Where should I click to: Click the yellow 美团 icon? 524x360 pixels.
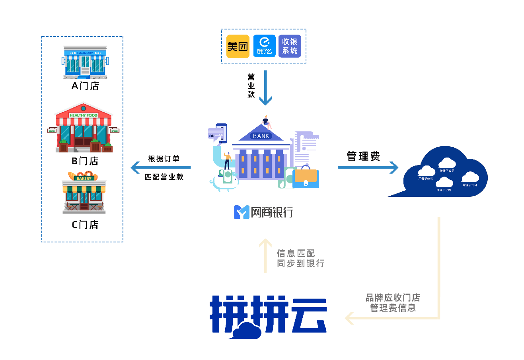coord(238,46)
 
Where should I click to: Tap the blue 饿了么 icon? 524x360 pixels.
coord(264,46)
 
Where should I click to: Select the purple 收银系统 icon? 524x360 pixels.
coord(290,46)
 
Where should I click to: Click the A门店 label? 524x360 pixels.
coord(85,86)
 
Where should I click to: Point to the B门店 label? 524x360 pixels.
coord(85,161)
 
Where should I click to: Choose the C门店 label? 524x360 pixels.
coord(85,225)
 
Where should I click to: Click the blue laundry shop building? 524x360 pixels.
coord(85,62)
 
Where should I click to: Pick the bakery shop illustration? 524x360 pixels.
coord(84,193)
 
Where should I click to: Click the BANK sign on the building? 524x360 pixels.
coord(261,136)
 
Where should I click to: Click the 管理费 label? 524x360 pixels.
coord(363,156)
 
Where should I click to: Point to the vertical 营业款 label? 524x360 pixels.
coord(251,86)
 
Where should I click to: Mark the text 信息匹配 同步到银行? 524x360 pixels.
coord(300,258)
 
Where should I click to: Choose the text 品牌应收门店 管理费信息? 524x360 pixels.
coord(393,303)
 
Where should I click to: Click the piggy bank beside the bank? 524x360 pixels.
coord(223,181)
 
